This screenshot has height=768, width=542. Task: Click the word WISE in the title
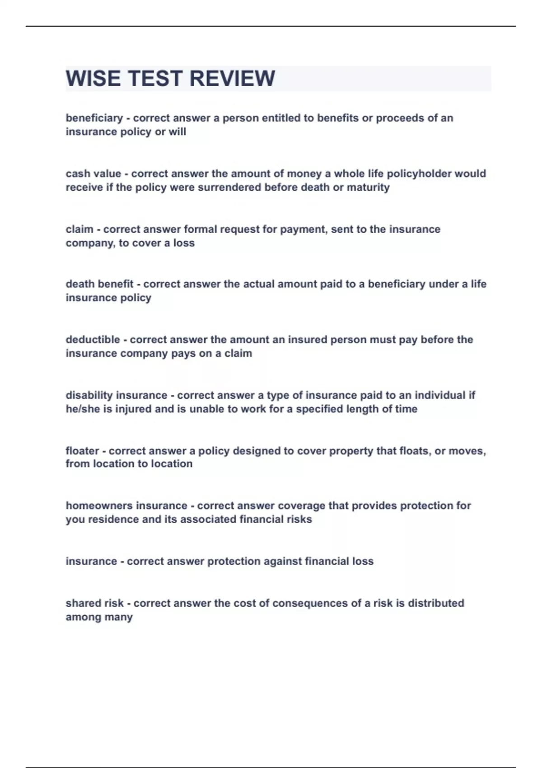[93, 79]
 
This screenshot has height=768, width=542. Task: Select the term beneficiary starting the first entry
[94, 118]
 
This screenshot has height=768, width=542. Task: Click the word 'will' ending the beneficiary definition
[177, 132]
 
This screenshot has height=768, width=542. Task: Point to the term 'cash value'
[93, 173]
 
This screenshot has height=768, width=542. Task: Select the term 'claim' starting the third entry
[79, 229]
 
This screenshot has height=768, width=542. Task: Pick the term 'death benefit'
[99, 284]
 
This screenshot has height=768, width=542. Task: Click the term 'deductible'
[93, 340]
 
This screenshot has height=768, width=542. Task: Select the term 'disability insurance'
[116, 395]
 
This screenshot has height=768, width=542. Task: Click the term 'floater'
[82, 451]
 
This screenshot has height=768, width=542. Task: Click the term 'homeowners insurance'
[126, 506]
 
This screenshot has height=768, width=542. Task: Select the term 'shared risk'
[94, 604]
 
